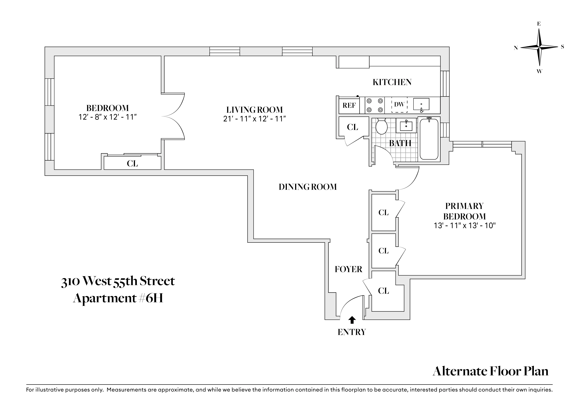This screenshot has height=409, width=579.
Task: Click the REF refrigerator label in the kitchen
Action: pyautogui.click(x=349, y=105)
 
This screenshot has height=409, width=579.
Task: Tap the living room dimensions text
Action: pyautogui.click(x=254, y=119)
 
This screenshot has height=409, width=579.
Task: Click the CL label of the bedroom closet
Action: pyautogui.click(x=132, y=164)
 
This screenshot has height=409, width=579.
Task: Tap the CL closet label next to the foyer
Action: pyautogui.click(x=383, y=291)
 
